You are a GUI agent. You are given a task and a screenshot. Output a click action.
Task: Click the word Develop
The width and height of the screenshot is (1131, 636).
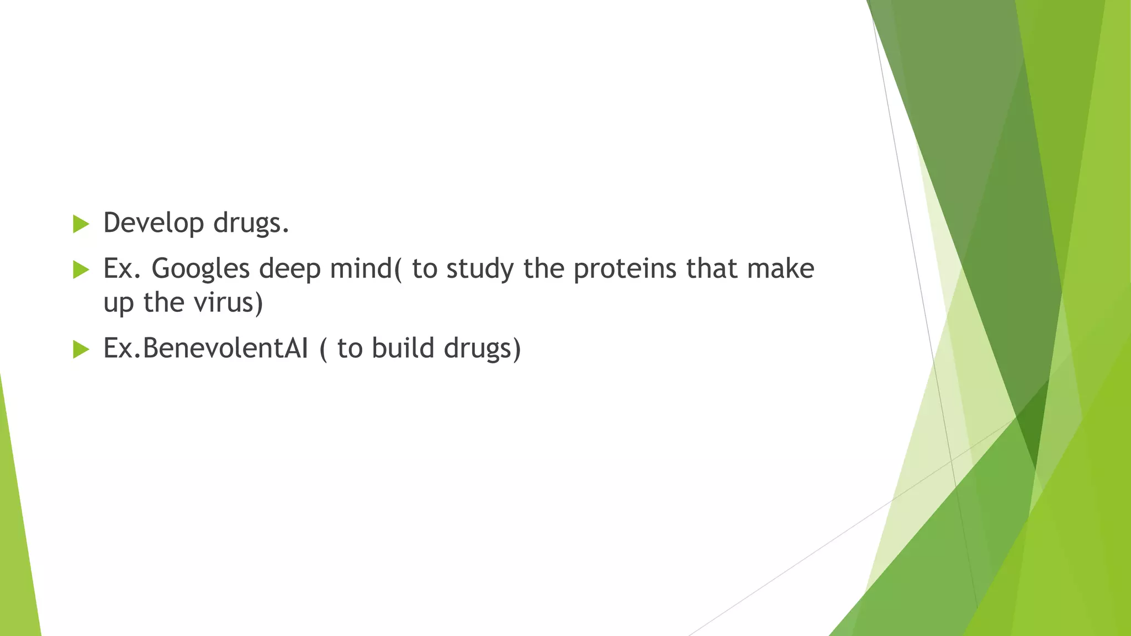[x=154, y=224]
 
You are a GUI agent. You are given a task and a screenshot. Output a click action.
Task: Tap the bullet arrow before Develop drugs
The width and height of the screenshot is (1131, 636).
[x=81, y=224]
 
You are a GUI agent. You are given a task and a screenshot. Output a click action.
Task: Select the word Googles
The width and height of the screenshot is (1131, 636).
[x=200, y=269]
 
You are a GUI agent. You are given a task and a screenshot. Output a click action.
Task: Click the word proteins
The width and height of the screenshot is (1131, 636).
[x=625, y=269]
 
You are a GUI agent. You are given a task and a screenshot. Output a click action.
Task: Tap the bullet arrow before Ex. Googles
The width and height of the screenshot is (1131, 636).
[x=81, y=270]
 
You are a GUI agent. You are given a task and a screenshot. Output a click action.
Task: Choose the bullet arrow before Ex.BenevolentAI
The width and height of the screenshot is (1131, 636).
[x=81, y=349]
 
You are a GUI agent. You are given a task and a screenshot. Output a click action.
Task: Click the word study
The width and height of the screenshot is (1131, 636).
[x=480, y=269]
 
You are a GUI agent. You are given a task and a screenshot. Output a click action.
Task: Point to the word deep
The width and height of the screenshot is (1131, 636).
[x=290, y=269]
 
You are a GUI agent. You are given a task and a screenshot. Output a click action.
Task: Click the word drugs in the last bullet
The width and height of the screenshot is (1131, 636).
[x=480, y=348]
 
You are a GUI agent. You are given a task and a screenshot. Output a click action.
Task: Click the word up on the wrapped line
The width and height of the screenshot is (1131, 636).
[x=119, y=304]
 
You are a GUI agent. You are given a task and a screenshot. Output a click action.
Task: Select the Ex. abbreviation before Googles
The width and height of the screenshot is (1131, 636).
[x=122, y=269]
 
